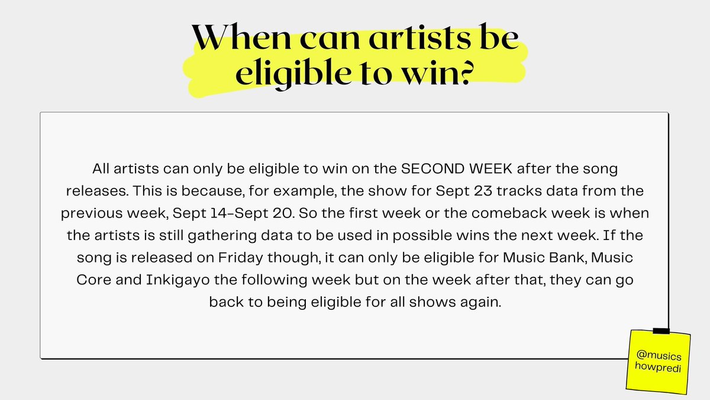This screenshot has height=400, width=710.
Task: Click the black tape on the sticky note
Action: coord(660,330)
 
